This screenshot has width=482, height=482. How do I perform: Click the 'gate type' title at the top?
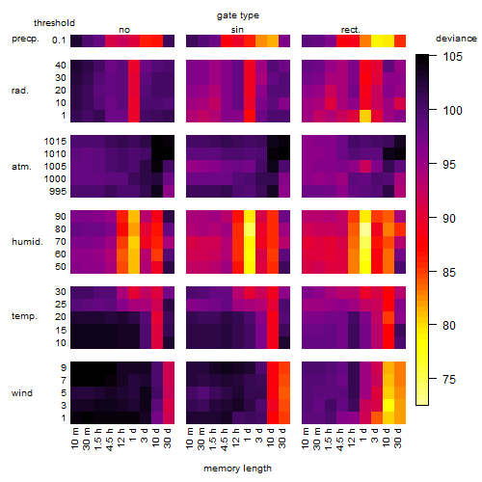tap(238, 16)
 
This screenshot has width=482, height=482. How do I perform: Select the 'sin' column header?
tap(237, 30)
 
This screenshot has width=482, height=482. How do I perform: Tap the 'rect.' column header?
tap(350, 30)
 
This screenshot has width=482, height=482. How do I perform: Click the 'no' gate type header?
tap(124, 30)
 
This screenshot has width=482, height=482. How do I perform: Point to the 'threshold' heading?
tap(54, 23)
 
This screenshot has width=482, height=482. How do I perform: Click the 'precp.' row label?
tap(25, 40)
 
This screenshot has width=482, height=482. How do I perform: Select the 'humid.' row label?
tap(27, 242)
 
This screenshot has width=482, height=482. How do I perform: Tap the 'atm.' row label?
tap(21, 167)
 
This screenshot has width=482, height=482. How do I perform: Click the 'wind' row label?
tap(22, 393)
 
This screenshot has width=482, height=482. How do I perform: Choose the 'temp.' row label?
tap(24, 316)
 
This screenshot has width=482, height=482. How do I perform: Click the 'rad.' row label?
tap(20, 91)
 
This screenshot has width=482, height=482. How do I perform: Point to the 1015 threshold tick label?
tap(55, 142)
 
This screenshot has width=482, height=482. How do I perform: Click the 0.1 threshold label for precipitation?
tap(59, 40)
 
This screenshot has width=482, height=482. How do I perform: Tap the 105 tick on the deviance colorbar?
tap(452, 57)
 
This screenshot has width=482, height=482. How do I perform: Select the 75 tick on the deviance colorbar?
tap(449, 380)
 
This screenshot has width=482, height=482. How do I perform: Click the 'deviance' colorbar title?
tap(456, 39)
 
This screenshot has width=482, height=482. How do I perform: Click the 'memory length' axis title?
tap(237, 469)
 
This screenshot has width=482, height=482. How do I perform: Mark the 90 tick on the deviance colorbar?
tap(449, 219)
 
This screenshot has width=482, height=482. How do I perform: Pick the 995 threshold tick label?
tap(58, 192)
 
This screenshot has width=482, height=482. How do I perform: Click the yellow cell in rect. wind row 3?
tap(388, 405)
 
